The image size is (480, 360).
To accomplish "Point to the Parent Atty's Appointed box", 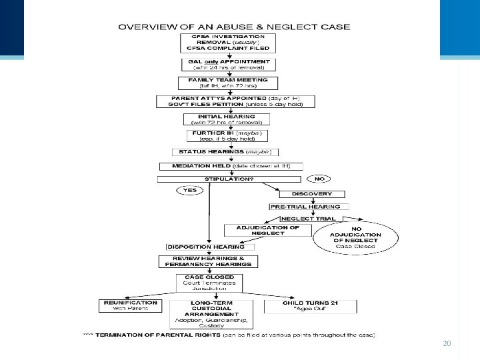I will click(x=235, y=101).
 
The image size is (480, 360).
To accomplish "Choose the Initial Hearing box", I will click(x=227, y=119).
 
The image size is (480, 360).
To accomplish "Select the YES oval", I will click(x=191, y=190).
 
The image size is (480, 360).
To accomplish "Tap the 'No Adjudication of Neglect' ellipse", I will click(x=357, y=237).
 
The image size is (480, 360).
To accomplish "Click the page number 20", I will click(x=447, y=344).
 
